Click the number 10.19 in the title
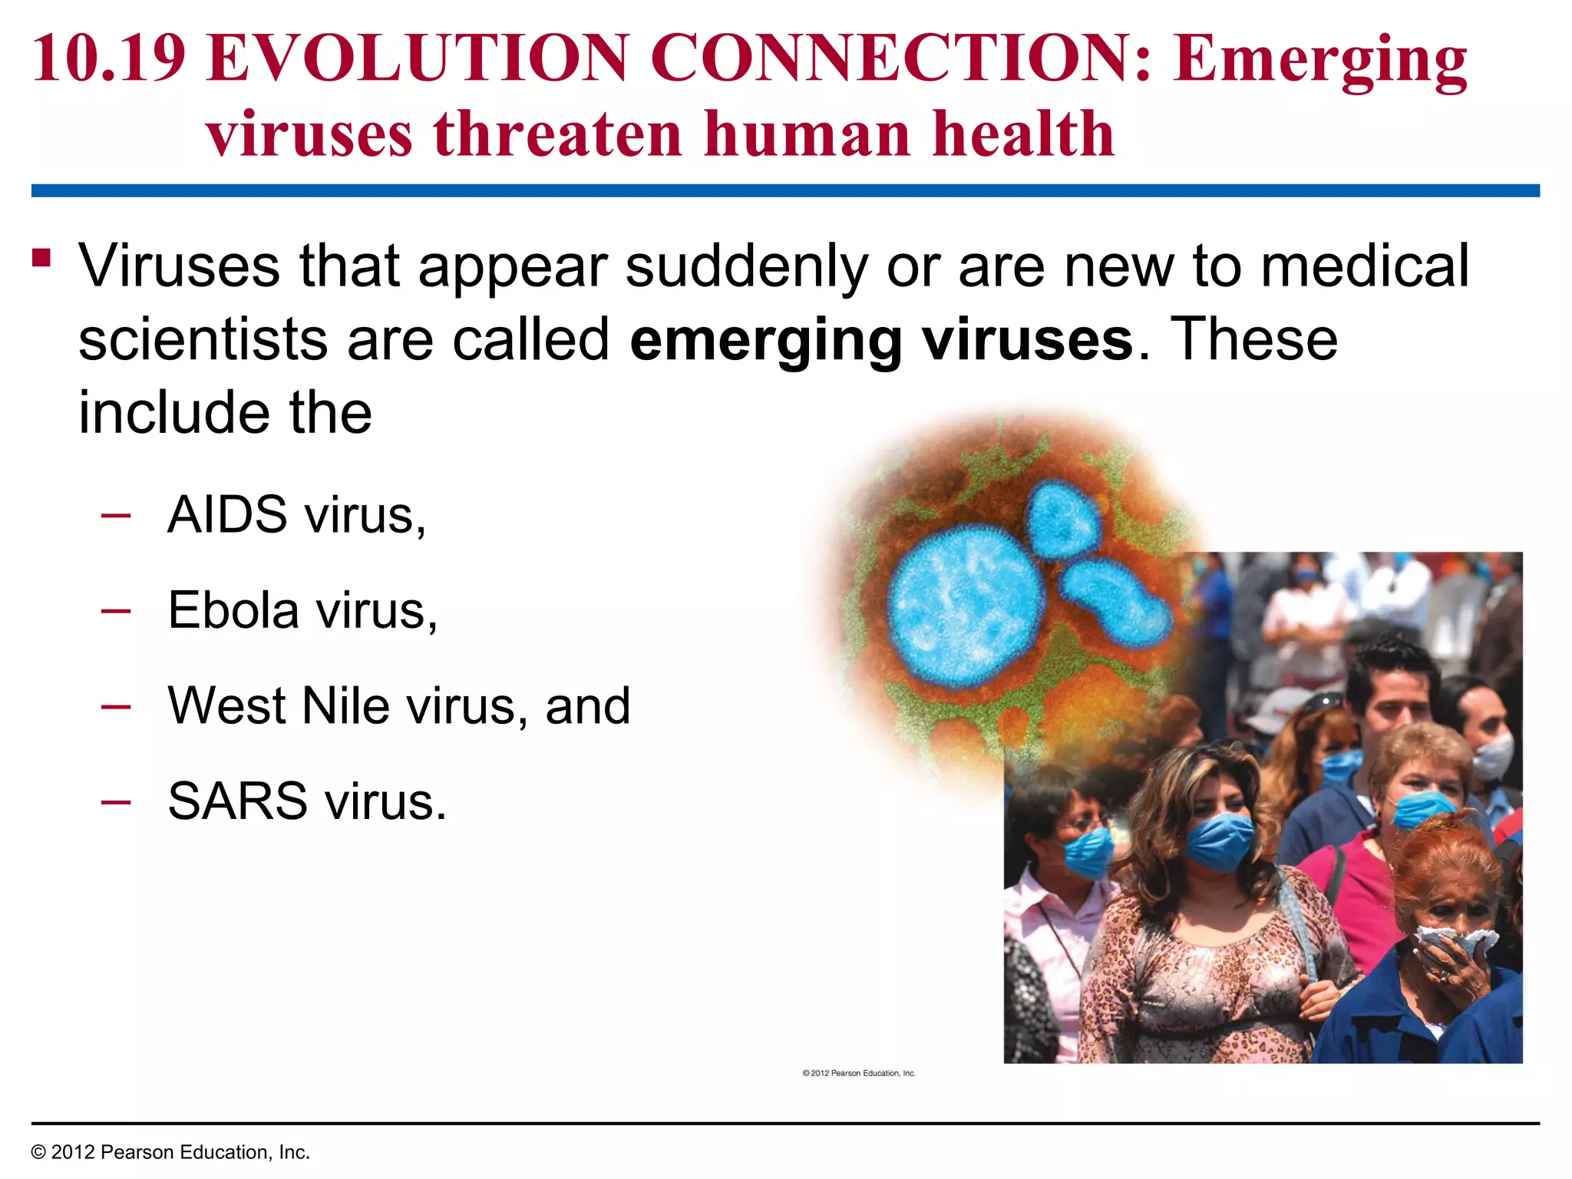coord(109,58)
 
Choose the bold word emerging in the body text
coord(765,340)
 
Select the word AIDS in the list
coord(227,514)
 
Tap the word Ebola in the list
coord(233,610)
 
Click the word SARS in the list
coord(237,801)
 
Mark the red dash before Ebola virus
coord(115,611)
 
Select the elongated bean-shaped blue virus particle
coord(1117,603)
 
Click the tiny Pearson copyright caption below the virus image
coord(858,1073)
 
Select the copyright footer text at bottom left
coord(170,1152)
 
